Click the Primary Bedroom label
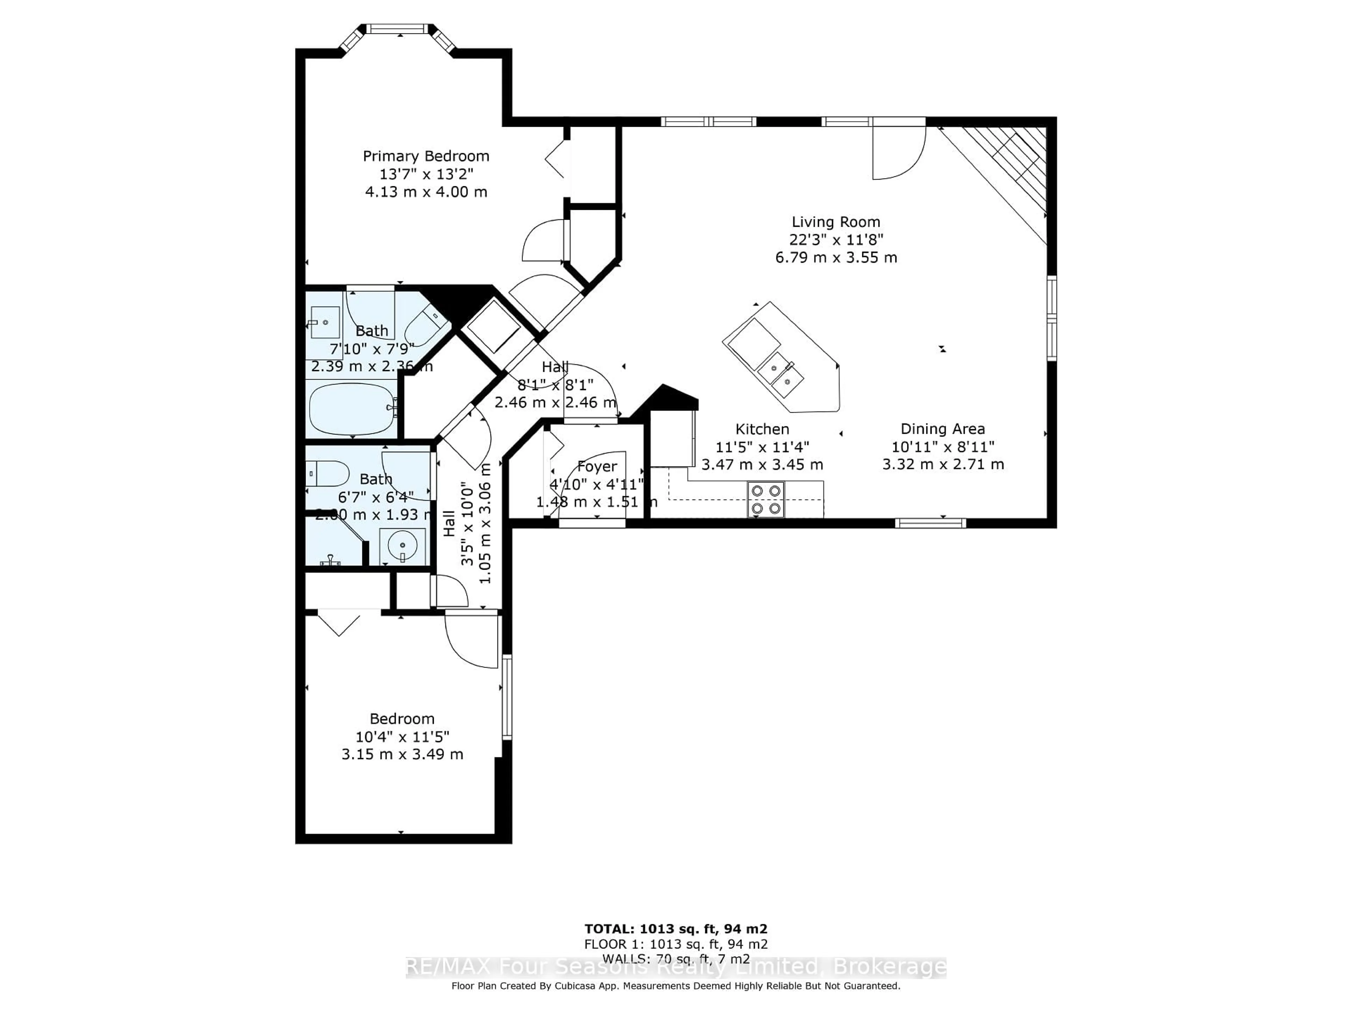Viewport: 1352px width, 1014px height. (x=426, y=156)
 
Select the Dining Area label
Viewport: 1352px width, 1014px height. (x=943, y=429)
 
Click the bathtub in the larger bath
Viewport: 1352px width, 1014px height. (x=353, y=409)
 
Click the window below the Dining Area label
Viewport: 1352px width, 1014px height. (x=930, y=523)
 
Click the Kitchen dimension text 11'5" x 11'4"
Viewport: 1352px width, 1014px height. (x=762, y=447)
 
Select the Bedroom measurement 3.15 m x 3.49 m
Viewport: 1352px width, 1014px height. (x=402, y=754)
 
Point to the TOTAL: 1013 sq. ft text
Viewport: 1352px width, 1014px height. (x=676, y=929)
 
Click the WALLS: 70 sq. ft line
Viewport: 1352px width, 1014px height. (x=676, y=959)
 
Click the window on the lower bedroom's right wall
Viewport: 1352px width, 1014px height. (x=507, y=697)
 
